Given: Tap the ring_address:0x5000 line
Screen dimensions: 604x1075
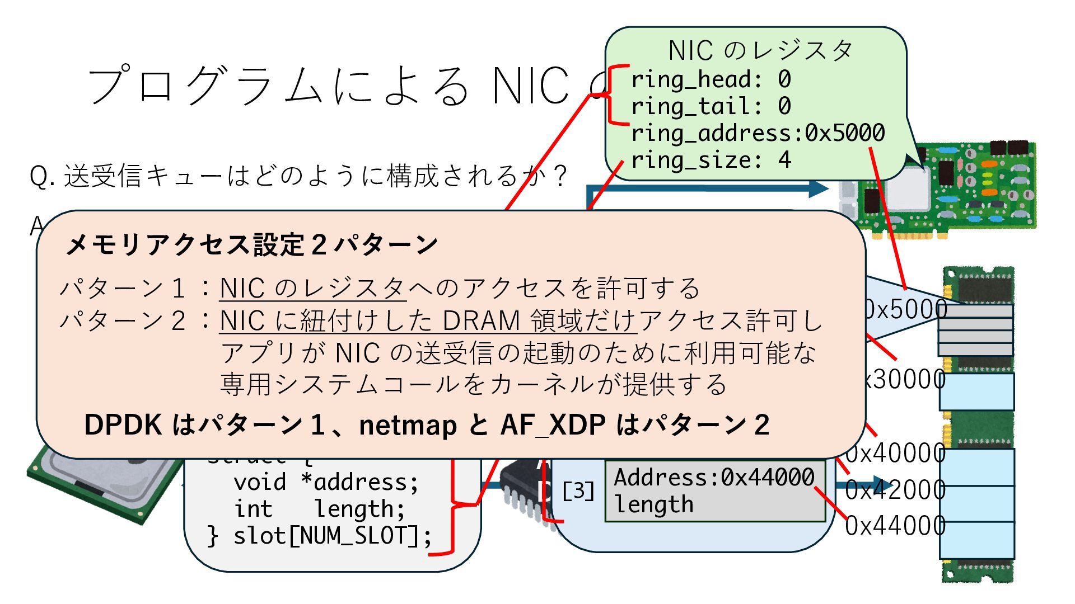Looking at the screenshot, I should pyautogui.click(x=758, y=133).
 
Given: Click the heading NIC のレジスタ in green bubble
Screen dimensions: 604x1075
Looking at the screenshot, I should pyautogui.click(x=760, y=51).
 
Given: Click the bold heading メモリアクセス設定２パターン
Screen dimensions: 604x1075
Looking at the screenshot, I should pyautogui.click(x=251, y=244).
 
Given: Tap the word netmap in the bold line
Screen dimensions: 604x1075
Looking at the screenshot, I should pyautogui.click(x=408, y=425).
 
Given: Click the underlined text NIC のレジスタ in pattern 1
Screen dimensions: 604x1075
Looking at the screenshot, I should pyautogui.click(x=312, y=289).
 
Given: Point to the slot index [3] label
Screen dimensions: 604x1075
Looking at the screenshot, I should pyautogui.click(x=578, y=491).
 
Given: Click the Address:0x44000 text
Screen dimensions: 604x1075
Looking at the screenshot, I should pyautogui.click(x=714, y=478).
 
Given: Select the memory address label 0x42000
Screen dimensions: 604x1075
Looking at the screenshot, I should pyautogui.click(x=895, y=490).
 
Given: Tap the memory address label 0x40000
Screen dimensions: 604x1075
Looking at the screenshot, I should pyautogui.click(x=895, y=453).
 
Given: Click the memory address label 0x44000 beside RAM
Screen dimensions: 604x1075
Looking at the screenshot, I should pyautogui.click(x=895, y=526).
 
